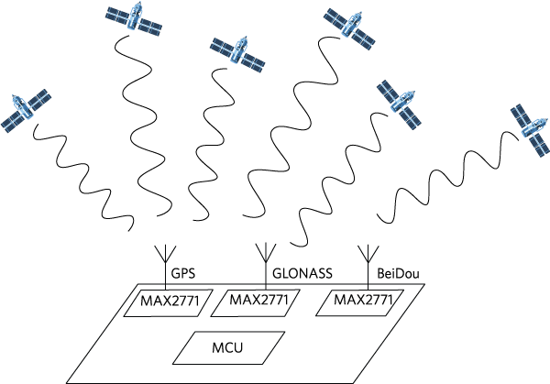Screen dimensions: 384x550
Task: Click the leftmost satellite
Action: click(25, 110)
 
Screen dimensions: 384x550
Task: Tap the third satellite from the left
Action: click(237, 53)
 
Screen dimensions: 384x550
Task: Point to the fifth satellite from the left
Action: click(400, 103)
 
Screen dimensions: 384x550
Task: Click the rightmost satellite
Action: click(531, 130)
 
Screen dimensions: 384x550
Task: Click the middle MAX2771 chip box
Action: click(258, 302)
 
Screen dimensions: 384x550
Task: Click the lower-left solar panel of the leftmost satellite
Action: click(12, 121)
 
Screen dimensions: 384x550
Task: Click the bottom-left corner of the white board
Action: click(68, 382)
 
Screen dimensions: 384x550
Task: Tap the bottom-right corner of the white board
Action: click(354, 382)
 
